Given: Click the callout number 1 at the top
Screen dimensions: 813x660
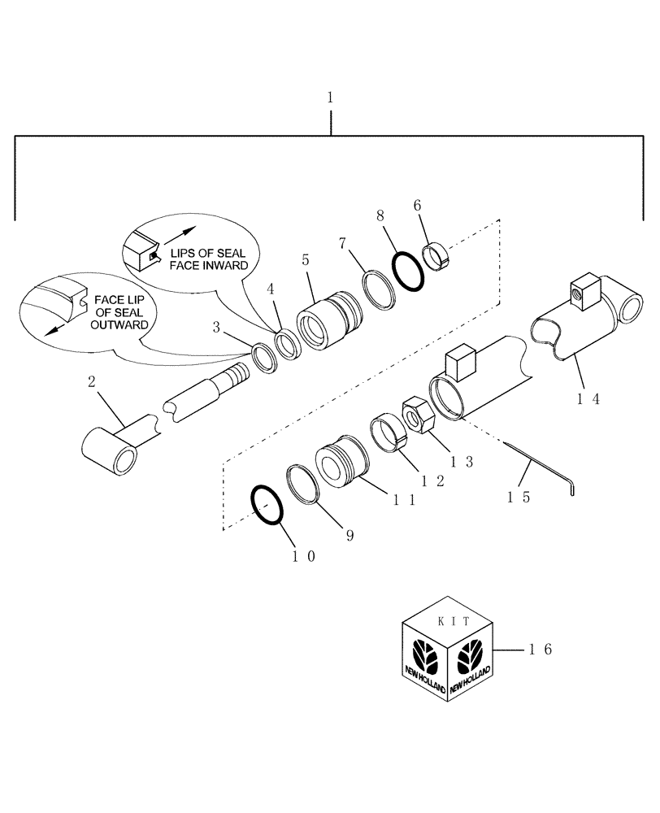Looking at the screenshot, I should pos(330,97).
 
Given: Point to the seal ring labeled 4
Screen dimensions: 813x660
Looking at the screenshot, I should pos(289,342).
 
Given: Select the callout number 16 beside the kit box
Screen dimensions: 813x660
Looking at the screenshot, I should pos(540,650).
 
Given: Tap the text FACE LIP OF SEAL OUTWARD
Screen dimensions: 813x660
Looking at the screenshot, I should pos(119,311).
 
